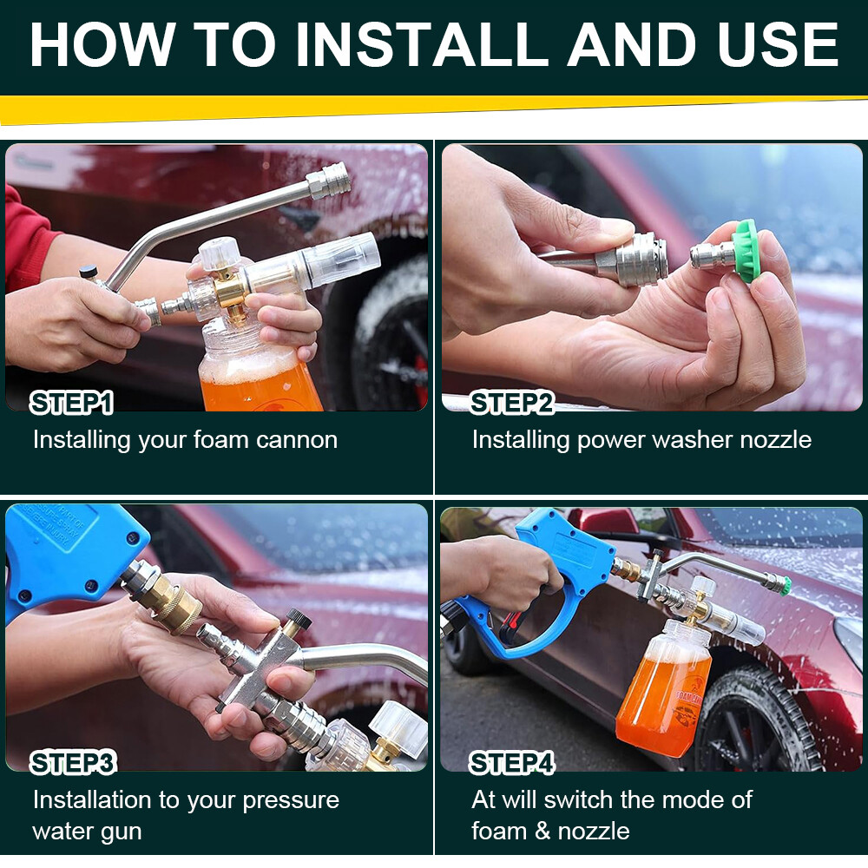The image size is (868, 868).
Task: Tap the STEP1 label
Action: point(72,403)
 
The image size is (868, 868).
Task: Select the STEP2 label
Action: point(511,403)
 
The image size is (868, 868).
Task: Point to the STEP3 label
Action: point(73,763)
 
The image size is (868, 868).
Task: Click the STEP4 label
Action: point(511,763)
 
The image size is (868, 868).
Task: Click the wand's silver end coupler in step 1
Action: point(330,180)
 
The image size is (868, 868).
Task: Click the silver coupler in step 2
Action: point(634,258)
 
